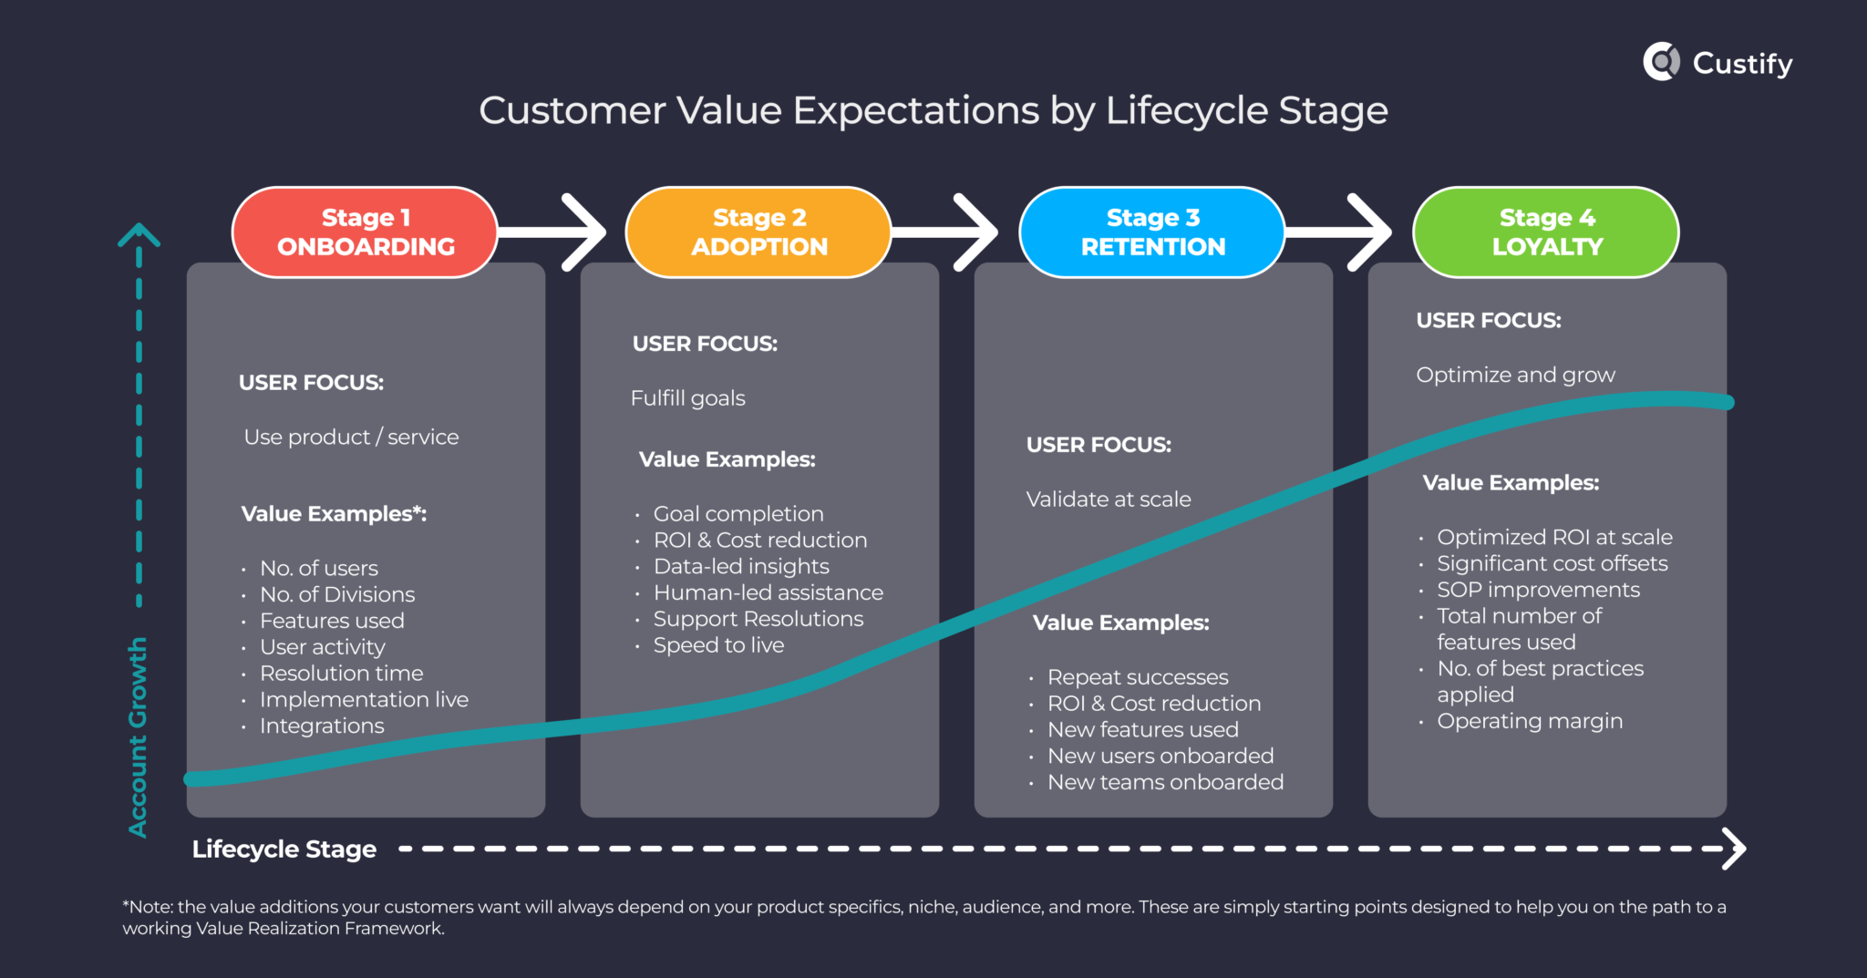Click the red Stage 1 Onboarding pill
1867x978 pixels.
tap(365, 232)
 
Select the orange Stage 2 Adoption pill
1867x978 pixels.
tap(758, 232)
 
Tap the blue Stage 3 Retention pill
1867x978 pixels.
tap(1152, 232)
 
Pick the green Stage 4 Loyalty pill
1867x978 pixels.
tap(1546, 232)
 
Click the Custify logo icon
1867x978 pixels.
tap(1662, 62)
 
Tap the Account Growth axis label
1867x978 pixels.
tap(138, 736)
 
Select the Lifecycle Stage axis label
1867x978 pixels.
tap(284, 849)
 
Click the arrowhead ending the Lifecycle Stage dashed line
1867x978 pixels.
tap(1735, 849)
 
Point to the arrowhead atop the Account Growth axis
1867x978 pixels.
tap(139, 235)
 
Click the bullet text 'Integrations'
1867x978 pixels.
tap(322, 726)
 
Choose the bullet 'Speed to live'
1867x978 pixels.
tap(718, 645)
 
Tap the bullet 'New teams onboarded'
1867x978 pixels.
tap(1165, 782)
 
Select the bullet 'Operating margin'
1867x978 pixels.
tap(1530, 721)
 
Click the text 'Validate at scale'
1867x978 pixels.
tap(1109, 499)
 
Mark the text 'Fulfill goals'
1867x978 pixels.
tap(688, 398)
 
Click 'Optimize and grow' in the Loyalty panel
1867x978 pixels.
tap(1515, 375)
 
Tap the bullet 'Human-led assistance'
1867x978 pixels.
tap(768, 592)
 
